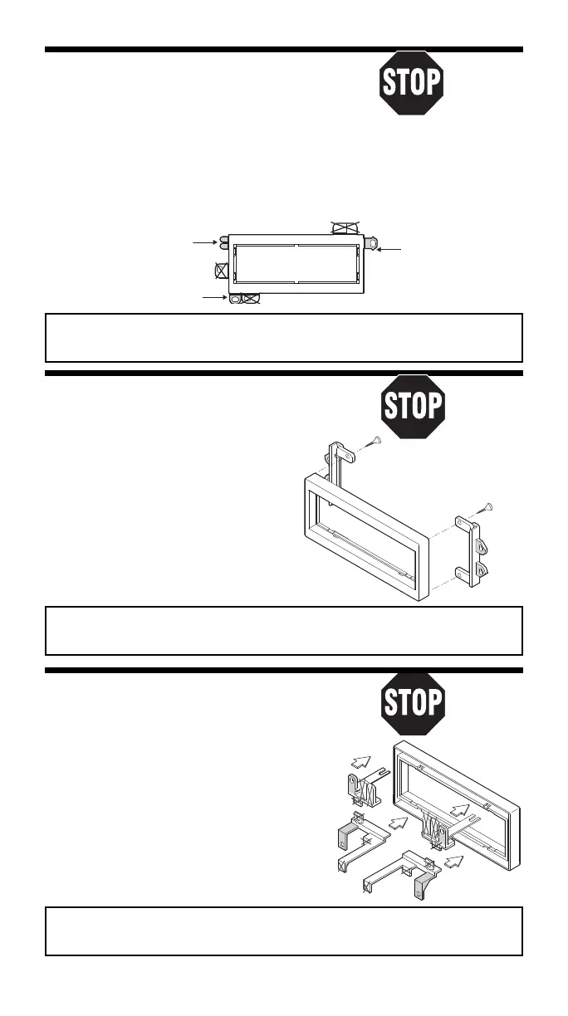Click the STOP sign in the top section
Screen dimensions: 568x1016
pos(413,83)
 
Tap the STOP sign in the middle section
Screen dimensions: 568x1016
pos(413,407)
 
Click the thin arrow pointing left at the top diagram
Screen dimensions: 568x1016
pos(388,248)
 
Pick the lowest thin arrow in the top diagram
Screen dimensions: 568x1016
pos(213,296)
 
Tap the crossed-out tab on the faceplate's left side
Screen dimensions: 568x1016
pos(222,270)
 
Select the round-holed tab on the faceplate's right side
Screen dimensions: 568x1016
pos(370,242)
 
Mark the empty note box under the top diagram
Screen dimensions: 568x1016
pos(284,337)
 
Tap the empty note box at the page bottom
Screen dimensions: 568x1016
pos(284,931)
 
